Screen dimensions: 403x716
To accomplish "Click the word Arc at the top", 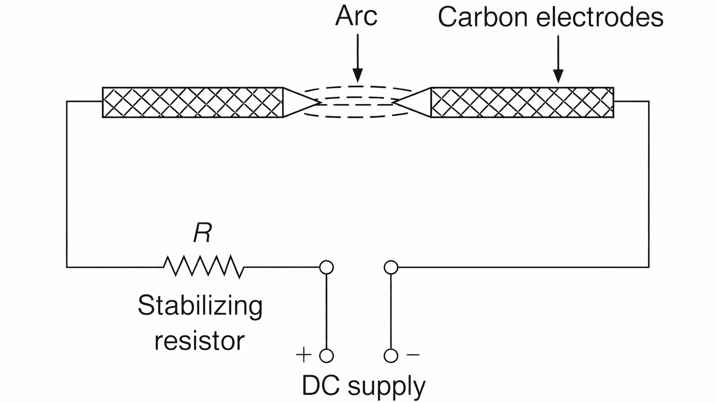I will (x=356, y=16).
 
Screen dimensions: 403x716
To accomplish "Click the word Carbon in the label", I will (x=483, y=17).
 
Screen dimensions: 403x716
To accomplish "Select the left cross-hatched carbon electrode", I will (x=193, y=102).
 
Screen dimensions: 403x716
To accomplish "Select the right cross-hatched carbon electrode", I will (x=522, y=102).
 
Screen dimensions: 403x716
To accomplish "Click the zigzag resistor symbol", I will (x=204, y=267).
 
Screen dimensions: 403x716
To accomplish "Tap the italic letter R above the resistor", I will (x=202, y=233).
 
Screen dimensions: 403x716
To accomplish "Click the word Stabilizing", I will (x=200, y=306).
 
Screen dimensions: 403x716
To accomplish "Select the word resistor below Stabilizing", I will (x=199, y=341).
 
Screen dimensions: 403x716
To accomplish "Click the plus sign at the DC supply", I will (x=303, y=355).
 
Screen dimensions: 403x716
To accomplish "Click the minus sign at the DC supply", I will (x=413, y=355).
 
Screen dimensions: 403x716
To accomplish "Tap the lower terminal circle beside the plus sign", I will (x=326, y=356).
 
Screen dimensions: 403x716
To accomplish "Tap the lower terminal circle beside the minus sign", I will (x=391, y=356).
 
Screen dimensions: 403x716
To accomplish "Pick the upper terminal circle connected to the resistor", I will (x=326, y=267).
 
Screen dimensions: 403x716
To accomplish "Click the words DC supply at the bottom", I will (x=364, y=386).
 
